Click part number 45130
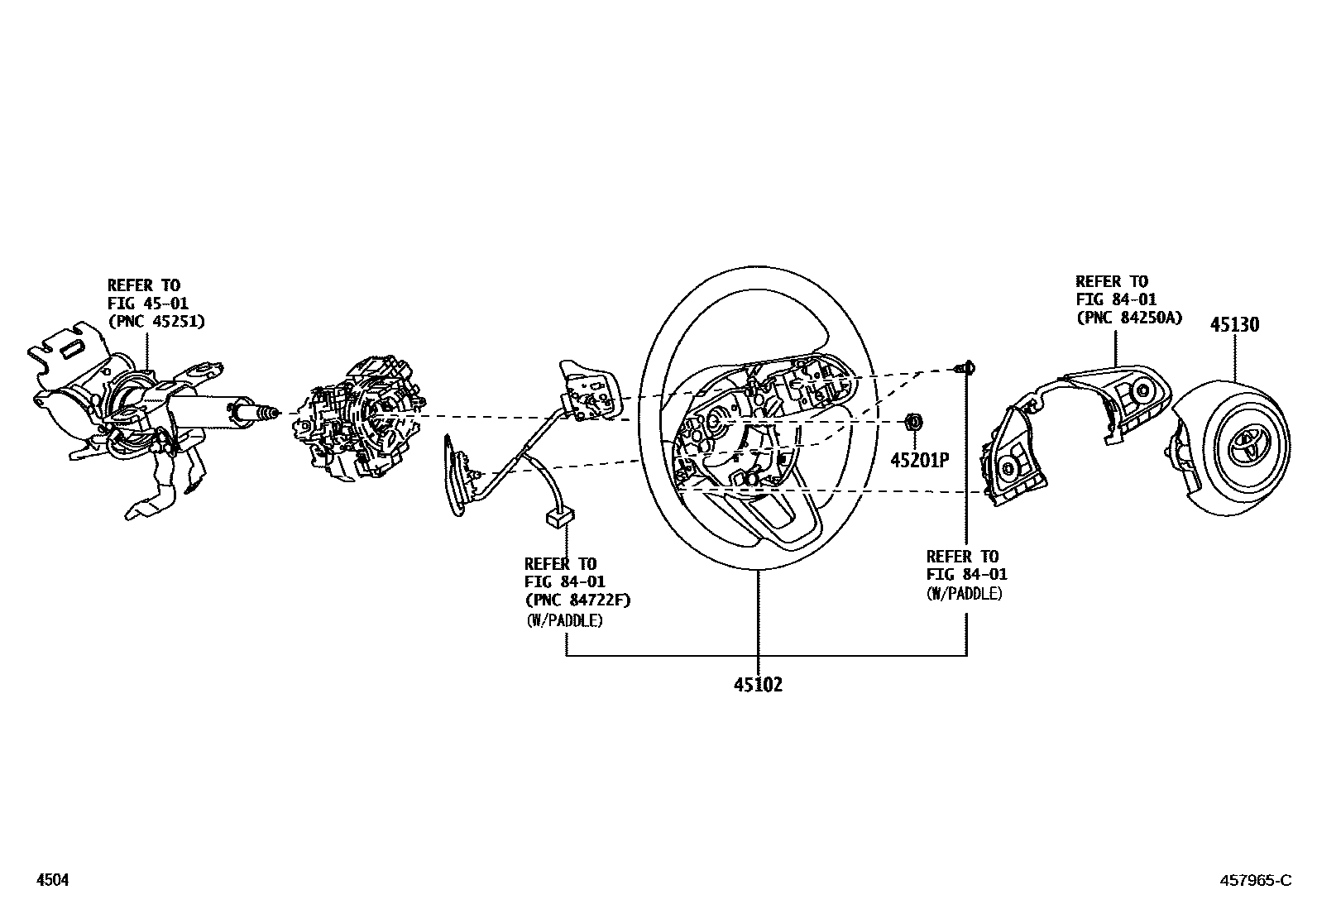click(x=1234, y=324)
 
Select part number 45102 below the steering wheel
click(x=757, y=685)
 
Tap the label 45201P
click(x=918, y=461)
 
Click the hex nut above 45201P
click(x=914, y=423)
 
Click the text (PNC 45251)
click(x=156, y=321)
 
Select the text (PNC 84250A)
click(x=1128, y=318)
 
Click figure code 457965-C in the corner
click(x=1254, y=881)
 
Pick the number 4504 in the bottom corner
click(x=51, y=881)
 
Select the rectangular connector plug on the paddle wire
click(x=559, y=518)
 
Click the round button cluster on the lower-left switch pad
click(x=1010, y=466)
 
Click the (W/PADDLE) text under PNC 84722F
click(x=564, y=620)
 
